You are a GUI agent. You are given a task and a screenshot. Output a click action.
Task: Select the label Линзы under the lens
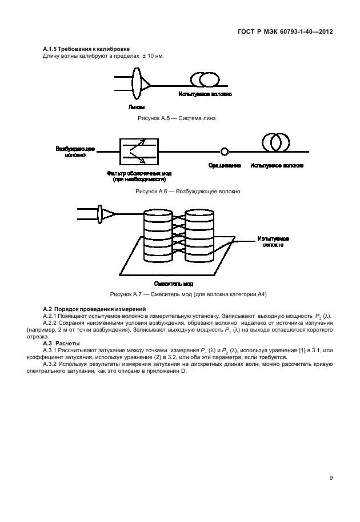point(136,107)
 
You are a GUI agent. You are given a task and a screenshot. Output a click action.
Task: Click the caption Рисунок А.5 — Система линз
point(179,118)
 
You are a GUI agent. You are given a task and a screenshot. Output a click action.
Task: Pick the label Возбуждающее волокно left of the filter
point(71,151)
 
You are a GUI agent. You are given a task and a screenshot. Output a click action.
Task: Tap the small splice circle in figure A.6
point(225,152)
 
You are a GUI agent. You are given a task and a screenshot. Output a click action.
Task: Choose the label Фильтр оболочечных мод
point(139,173)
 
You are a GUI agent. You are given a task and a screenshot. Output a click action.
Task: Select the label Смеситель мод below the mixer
point(174,283)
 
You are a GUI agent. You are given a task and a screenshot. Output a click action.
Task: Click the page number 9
point(331,478)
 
